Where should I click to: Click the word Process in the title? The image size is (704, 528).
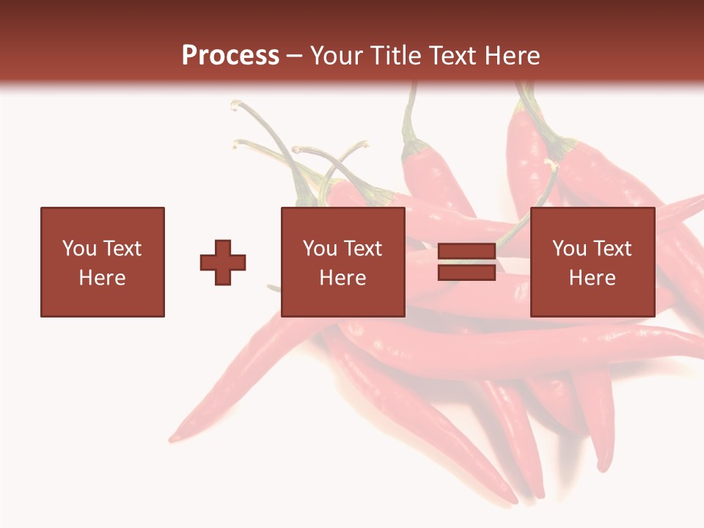tap(230, 56)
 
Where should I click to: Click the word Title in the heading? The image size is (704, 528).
tap(397, 56)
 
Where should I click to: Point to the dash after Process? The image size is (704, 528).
tap(294, 56)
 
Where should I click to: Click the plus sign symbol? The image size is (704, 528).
tap(223, 262)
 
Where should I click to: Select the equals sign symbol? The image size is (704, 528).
tap(466, 262)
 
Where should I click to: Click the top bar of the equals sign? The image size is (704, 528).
tap(466, 252)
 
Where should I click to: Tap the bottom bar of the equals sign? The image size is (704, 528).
tap(466, 272)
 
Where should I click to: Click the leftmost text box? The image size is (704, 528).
tap(103, 262)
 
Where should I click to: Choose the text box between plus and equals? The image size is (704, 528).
tap(342, 262)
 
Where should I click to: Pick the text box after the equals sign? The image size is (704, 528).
tap(592, 262)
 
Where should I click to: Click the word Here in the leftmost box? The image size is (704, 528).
tap(103, 278)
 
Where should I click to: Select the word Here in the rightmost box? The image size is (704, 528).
tap(592, 278)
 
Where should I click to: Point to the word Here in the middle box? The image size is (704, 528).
tap(342, 278)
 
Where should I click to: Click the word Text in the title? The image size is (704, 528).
tap(453, 56)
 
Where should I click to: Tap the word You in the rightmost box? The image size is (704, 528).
tap(569, 249)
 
